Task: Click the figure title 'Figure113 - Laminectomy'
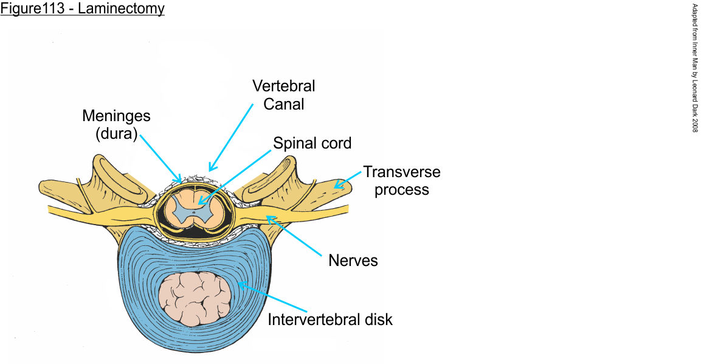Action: tap(82, 9)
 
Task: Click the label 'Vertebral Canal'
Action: tap(284, 94)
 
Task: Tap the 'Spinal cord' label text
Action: tap(313, 144)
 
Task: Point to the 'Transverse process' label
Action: tap(401, 180)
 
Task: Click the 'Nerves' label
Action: tap(353, 261)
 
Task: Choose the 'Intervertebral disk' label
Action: tap(330, 318)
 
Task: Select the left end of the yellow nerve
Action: tap(52, 210)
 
